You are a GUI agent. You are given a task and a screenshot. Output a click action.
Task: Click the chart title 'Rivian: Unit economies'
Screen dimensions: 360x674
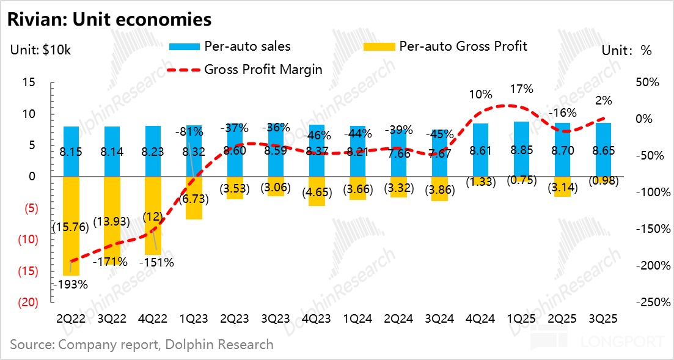tap(109, 20)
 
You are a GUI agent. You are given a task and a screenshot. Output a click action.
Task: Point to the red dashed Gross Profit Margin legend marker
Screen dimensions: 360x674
tap(183, 70)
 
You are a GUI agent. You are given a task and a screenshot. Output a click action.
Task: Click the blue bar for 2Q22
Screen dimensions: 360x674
tap(71, 141)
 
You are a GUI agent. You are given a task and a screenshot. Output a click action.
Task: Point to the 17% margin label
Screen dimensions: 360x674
tap(521, 89)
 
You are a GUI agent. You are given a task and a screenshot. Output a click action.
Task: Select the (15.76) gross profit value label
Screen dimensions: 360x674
tap(71, 226)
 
